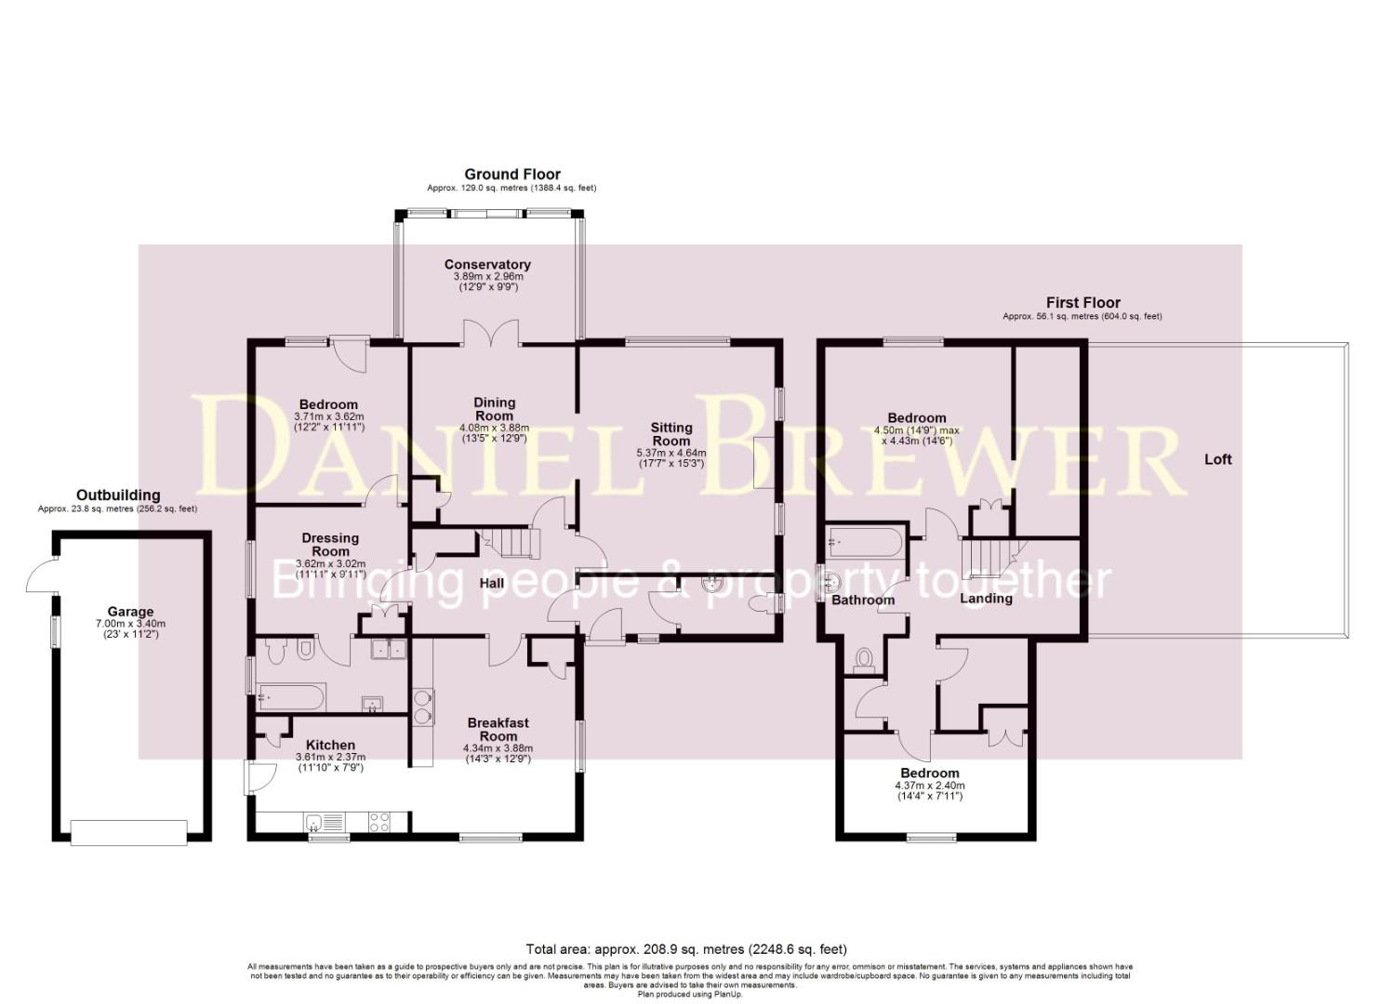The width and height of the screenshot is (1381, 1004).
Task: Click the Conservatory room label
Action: coord(487,265)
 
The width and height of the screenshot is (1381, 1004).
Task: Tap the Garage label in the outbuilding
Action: coord(130,612)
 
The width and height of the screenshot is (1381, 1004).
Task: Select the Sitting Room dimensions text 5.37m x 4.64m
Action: coord(671,453)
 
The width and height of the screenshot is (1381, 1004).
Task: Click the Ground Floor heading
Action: coord(511,174)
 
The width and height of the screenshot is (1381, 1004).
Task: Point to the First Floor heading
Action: coord(1082,302)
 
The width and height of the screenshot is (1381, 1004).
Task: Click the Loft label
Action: coord(1217,459)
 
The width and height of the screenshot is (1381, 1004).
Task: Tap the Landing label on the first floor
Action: coord(986,599)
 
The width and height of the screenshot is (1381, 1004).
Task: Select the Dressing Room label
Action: coord(330,545)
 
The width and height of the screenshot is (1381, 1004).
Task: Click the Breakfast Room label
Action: coord(498,729)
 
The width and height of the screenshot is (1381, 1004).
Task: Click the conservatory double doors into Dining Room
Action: coord(490,333)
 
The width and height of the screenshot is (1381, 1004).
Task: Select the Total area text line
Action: coord(685,949)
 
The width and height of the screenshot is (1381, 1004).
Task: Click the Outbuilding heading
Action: coord(118,495)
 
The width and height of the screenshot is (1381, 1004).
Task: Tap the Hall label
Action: coord(491,584)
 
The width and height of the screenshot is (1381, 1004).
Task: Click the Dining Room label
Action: coord(494,409)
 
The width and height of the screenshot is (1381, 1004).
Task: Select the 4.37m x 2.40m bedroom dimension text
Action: coord(929,785)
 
